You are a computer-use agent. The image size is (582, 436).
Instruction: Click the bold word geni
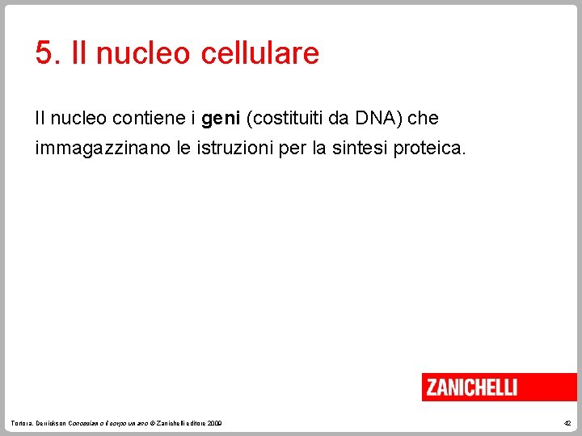(x=218, y=119)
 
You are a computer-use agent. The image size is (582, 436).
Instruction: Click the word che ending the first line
(x=423, y=119)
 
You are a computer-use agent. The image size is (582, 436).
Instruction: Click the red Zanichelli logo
(x=499, y=387)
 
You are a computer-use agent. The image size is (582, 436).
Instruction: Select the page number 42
(x=567, y=423)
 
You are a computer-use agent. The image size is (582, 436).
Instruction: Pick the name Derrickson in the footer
(x=50, y=423)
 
